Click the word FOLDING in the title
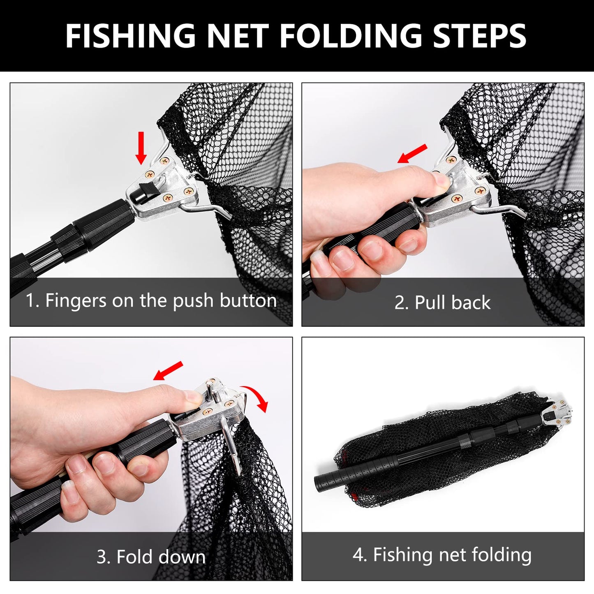(x=351, y=36)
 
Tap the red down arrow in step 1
(x=141, y=148)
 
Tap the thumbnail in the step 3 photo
(x=192, y=397)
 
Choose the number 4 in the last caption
(x=358, y=555)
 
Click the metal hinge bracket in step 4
(x=556, y=414)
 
